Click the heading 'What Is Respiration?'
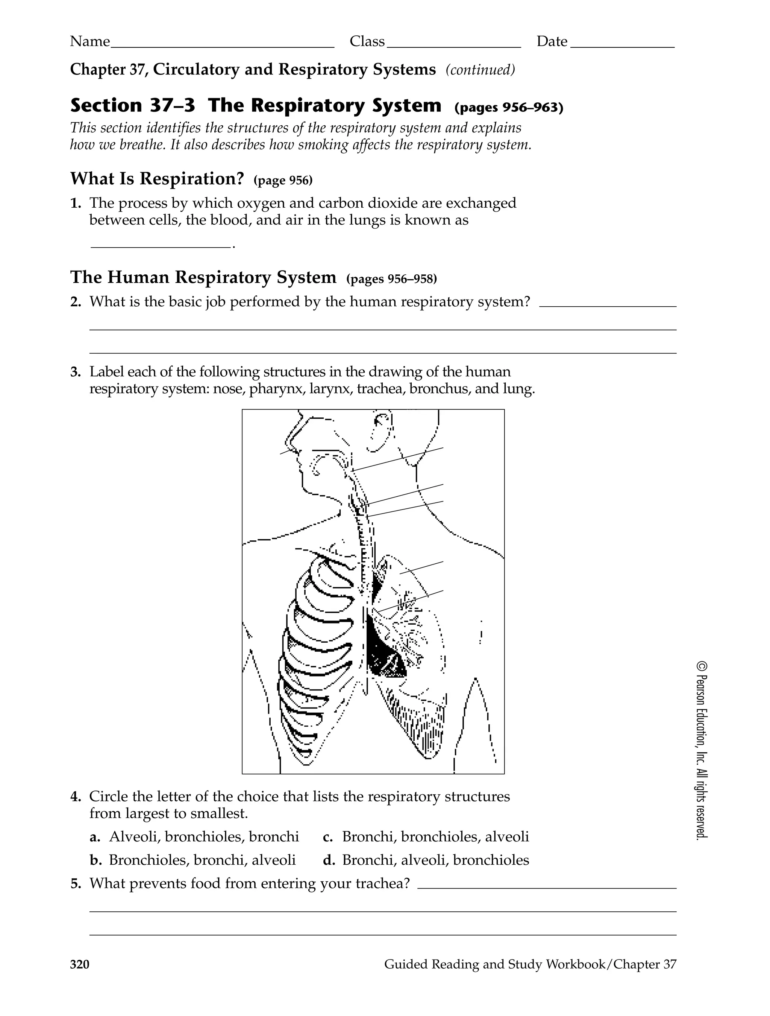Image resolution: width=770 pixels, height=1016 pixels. click(x=157, y=179)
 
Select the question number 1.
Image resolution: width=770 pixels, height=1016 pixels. click(x=76, y=204)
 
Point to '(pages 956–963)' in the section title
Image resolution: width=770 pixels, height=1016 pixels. click(x=508, y=108)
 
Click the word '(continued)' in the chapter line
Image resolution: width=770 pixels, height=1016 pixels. click(x=480, y=70)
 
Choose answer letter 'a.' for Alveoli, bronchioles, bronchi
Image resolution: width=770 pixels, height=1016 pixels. click(x=95, y=837)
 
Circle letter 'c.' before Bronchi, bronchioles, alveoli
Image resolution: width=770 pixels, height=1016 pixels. click(x=327, y=837)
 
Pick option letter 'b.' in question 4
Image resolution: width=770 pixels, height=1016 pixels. click(x=95, y=860)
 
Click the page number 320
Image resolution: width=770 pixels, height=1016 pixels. click(x=80, y=964)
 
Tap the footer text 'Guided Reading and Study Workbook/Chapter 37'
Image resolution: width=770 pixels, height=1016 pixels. click(x=530, y=964)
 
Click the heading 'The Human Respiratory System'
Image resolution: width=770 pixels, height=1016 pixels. click(x=203, y=277)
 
